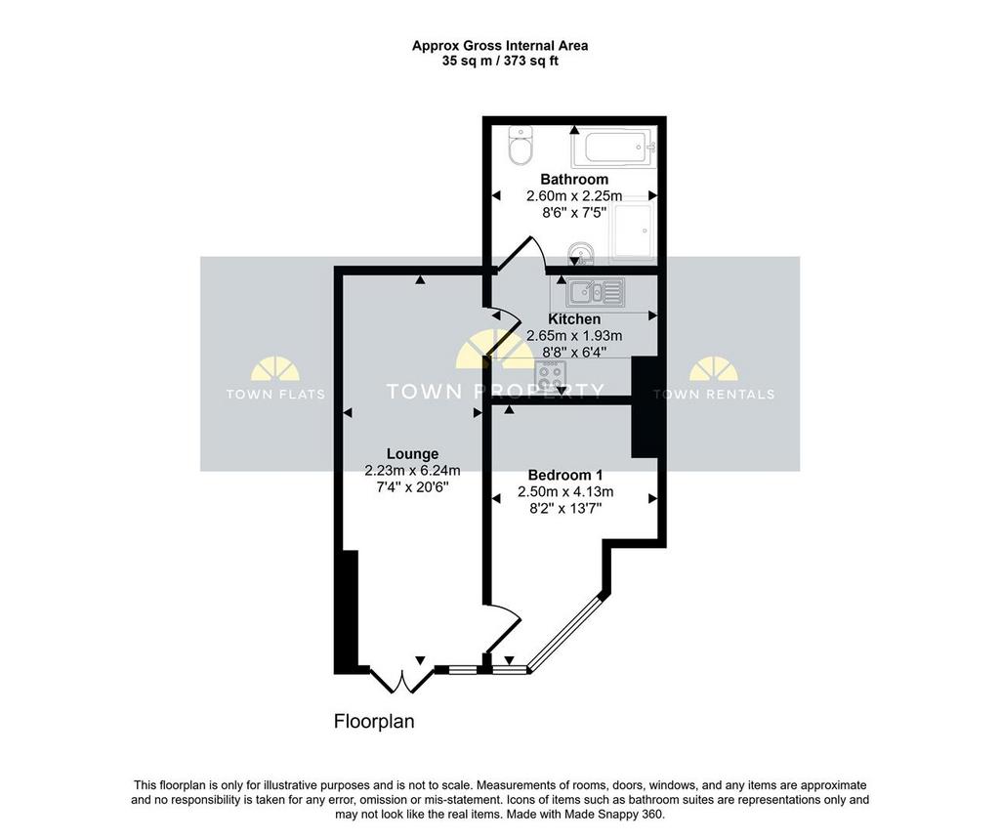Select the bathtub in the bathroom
tap(614, 147)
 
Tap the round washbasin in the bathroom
tap(580, 253)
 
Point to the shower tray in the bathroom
tap(632, 231)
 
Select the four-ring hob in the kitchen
tap(551, 374)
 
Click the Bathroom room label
tap(574, 179)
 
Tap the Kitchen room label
tap(574, 318)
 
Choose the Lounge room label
tap(413, 454)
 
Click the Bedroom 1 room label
tap(565, 475)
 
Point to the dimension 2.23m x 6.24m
tap(413, 471)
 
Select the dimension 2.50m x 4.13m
tap(565, 491)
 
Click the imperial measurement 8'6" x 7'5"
tap(574, 212)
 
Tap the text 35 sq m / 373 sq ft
tap(500, 62)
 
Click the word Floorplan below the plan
tap(374, 722)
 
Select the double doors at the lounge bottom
tap(402, 681)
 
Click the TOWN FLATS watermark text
tap(275, 395)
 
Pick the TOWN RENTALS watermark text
tap(714, 395)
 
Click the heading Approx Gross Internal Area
tap(500, 46)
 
